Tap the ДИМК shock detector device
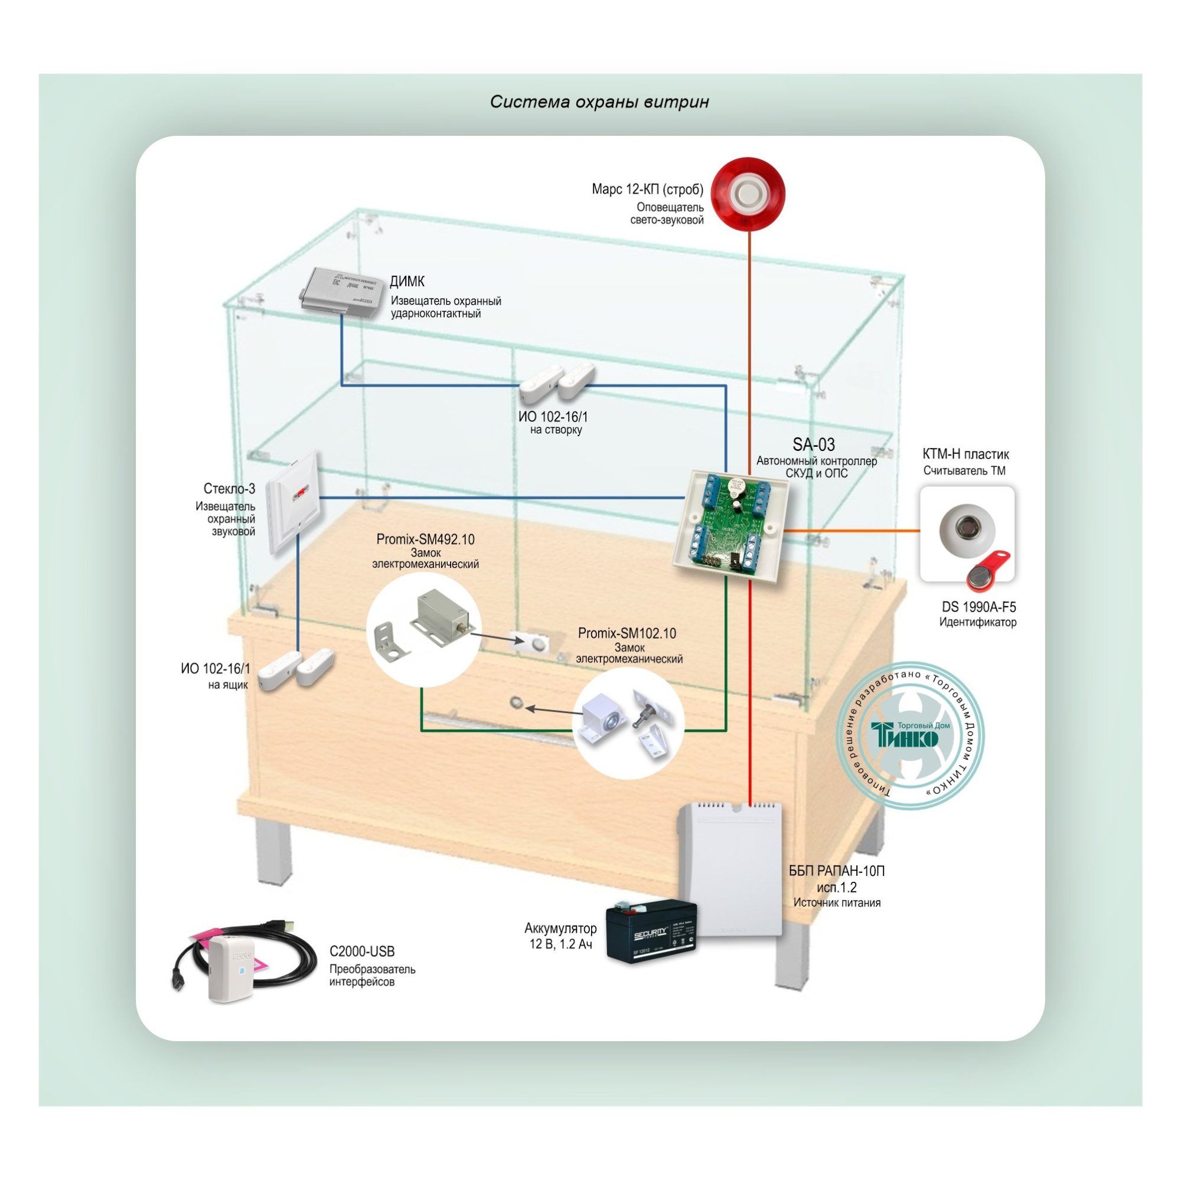click(x=340, y=292)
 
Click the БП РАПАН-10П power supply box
click(x=730, y=868)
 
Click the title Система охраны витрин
click(x=599, y=102)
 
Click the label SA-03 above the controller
click(x=813, y=444)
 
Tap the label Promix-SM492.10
click(x=425, y=539)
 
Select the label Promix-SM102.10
click(x=627, y=633)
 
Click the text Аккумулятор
click(x=560, y=928)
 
